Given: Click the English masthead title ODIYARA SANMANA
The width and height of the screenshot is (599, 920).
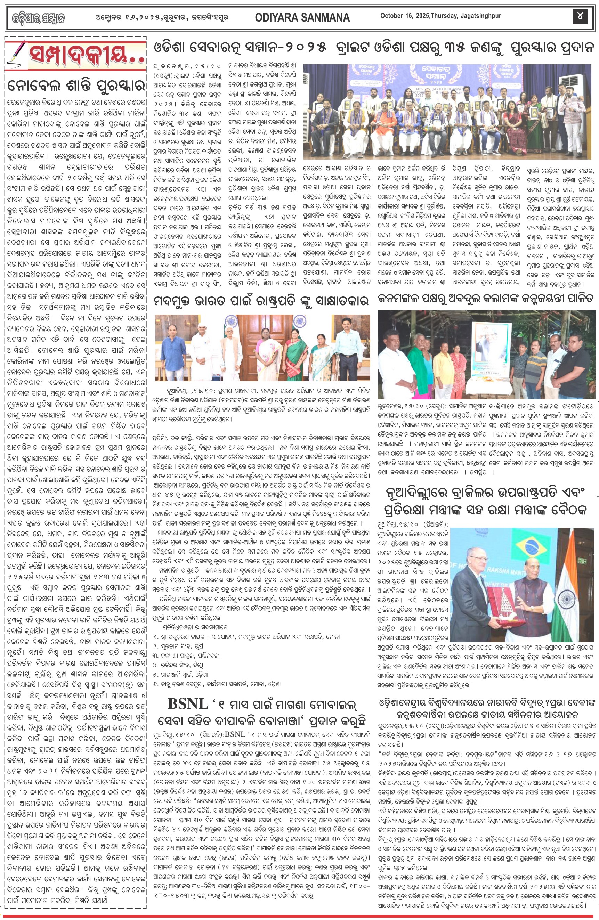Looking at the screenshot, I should point(302,17).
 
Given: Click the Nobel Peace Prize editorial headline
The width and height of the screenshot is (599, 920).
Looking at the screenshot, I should point(76,86).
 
